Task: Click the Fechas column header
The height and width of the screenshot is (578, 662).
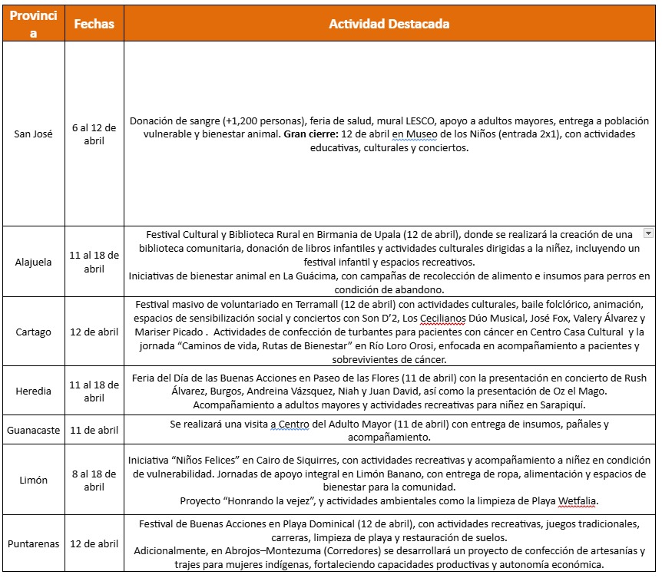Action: point(94,24)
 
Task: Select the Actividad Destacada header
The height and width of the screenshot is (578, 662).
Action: point(389,24)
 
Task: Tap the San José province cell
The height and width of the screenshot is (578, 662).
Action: point(33,134)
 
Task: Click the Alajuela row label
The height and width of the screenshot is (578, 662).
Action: point(33,262)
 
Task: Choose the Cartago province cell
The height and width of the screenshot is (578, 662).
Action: point(33,332)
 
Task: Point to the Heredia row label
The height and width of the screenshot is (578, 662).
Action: point(33,391)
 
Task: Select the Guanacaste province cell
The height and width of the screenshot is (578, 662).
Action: point(33,430)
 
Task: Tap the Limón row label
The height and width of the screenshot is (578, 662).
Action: point(33,480)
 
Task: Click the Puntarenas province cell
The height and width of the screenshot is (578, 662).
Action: point(33,544)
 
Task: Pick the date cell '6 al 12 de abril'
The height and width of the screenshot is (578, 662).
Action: point(94,134)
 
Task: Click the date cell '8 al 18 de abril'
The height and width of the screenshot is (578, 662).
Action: point(94,480)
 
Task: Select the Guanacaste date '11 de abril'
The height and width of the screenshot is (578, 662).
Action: point(94,430)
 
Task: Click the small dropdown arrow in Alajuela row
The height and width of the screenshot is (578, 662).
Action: point(647,233)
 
